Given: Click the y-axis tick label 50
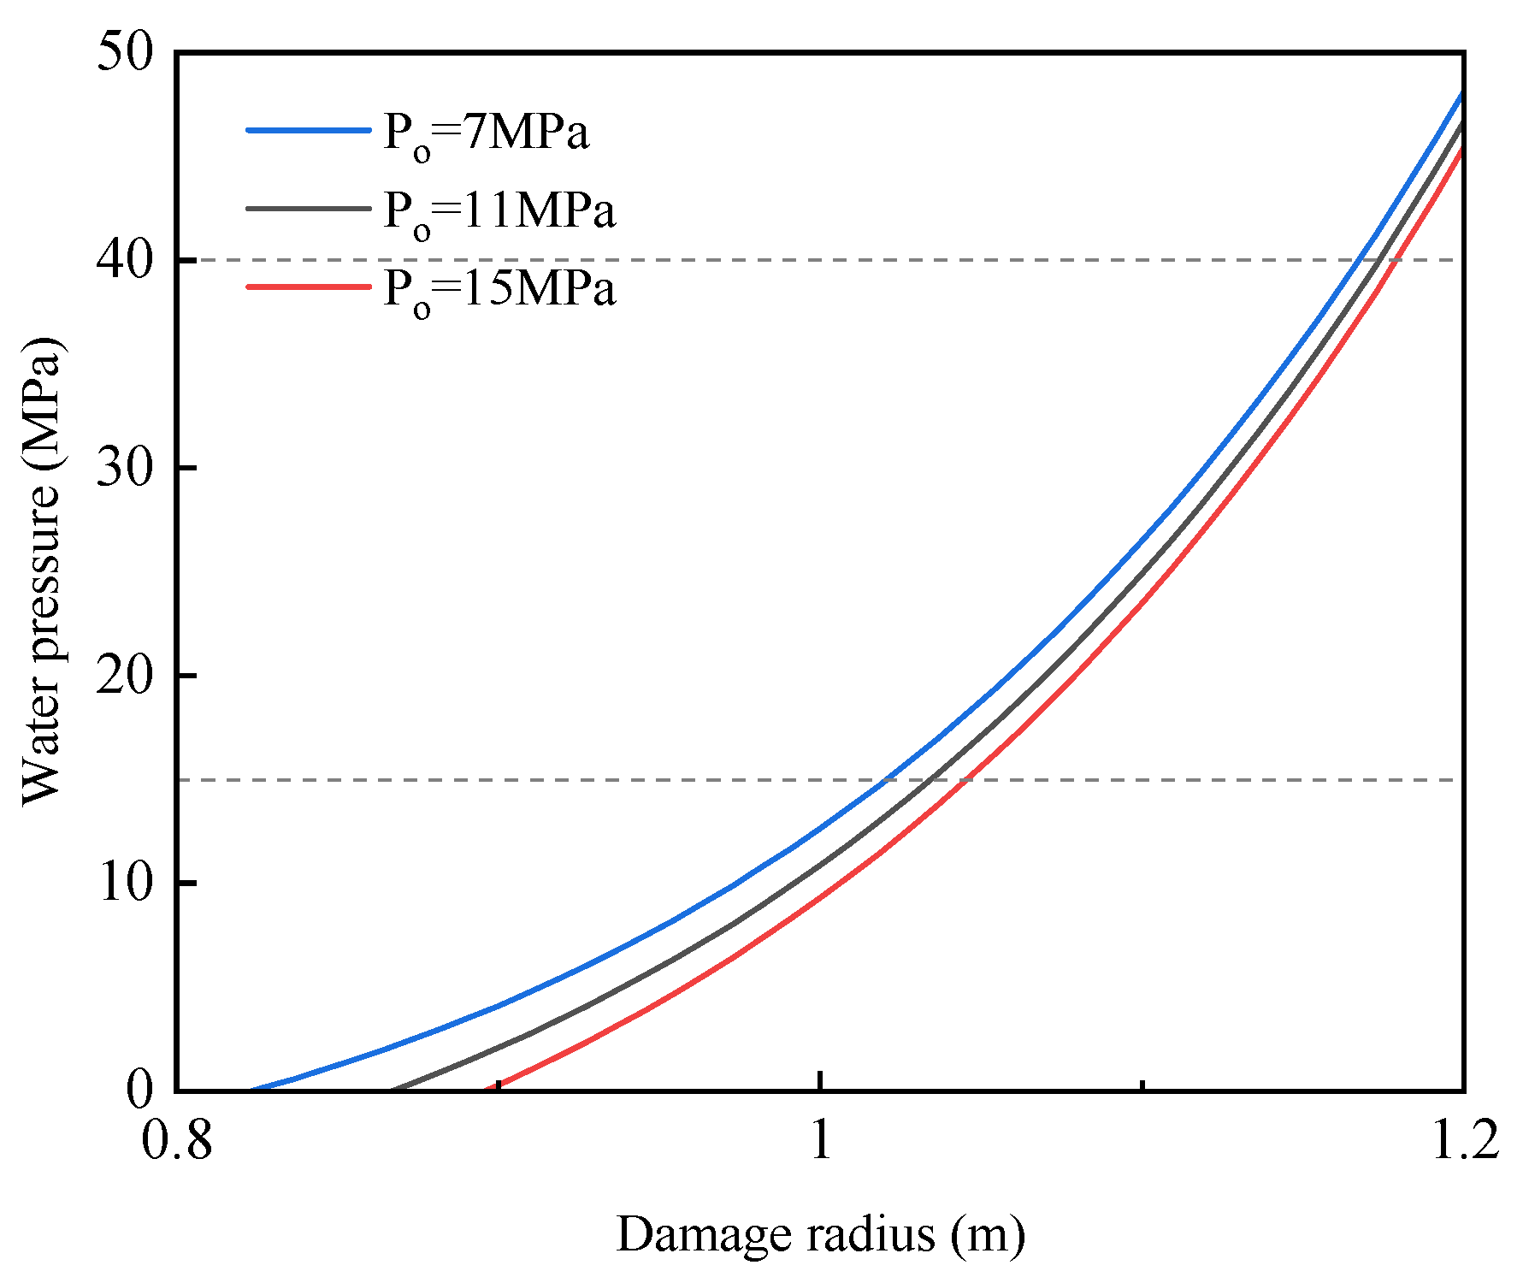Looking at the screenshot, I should click(x=124, y=53).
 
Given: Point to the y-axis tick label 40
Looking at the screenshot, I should click(x=124, y=260).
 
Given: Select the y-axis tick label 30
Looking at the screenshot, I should click(x=124, y=468).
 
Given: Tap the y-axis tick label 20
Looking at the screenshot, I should click(x=124, y=676).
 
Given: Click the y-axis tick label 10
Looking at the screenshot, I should click(x=124, y=883).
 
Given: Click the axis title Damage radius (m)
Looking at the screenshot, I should click(x=820, y=1234).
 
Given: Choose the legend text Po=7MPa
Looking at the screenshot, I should click(x=486, y=134).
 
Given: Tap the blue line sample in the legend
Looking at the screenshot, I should click(x=309, y=130).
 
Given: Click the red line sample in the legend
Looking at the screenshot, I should click(x=309, y=286).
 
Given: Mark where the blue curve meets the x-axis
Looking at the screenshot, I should click(x=251, y=1090).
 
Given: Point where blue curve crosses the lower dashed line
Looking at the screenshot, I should click(x=886, y=780).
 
